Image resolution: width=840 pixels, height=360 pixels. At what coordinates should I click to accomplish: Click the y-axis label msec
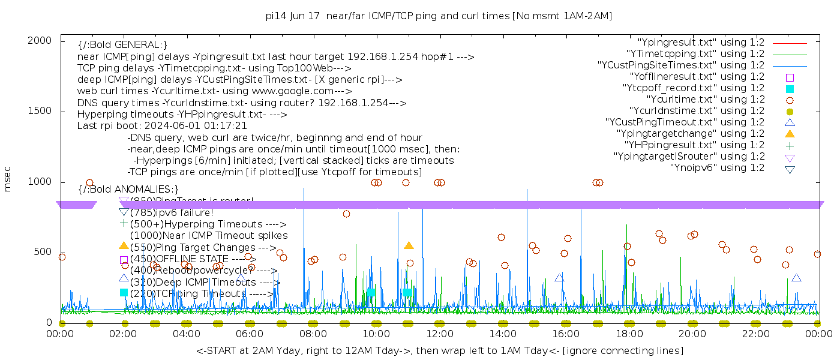(x=8, y=179)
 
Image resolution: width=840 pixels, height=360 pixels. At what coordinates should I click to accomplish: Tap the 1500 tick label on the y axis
(x=40, y=111)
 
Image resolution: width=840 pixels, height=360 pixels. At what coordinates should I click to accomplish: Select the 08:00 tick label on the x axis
(x=313, y=334)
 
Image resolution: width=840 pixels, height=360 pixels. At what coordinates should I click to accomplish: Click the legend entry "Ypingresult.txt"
(x=701, y=43)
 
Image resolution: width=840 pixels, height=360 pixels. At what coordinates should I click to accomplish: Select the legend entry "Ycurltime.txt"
(x=706, y=100)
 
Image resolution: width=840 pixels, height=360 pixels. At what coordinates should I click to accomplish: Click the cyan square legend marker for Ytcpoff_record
(x=790, y=89)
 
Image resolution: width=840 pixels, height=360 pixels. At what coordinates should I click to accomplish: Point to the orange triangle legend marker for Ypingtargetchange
(x=790, y=133)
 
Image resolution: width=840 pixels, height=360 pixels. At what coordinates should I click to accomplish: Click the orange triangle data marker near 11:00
(x=409, y=245)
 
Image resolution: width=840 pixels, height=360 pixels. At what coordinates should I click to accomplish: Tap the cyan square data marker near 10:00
(x=371, y=292)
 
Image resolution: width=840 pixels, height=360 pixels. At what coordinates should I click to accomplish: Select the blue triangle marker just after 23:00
(x=796, y=278)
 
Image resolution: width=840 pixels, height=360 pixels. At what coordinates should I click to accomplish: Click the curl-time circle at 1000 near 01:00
(x=89, y=183)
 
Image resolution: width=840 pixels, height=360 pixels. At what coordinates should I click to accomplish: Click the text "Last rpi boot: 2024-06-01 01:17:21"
(x=162, y=126)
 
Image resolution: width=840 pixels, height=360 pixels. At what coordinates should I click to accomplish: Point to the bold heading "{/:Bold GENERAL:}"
(x=122, y=45)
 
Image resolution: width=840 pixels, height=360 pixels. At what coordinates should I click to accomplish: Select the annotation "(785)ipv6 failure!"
(x=172, y=212)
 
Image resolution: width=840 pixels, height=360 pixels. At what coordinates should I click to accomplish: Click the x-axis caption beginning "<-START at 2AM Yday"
(x=439, y=350)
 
